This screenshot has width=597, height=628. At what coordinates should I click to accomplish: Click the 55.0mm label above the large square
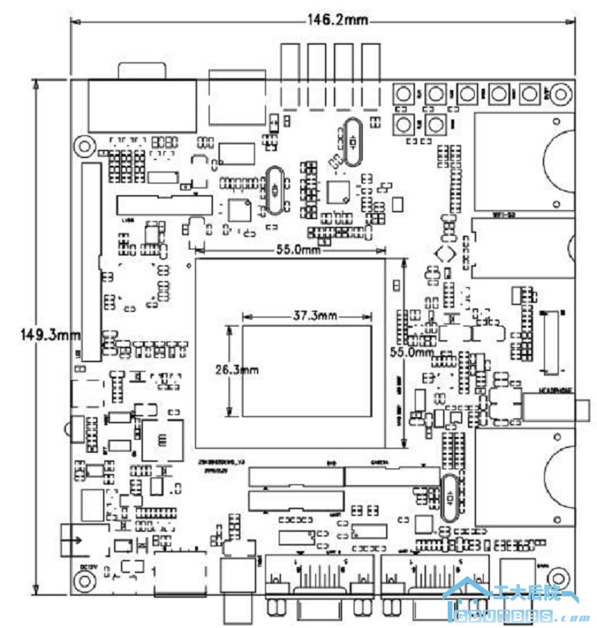tap(299, 251)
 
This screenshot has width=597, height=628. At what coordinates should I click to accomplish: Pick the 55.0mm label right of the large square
tap(412, 352)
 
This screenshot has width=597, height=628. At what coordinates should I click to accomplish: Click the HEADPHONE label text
tap(539, 390)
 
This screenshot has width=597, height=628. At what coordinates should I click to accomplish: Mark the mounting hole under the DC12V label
tap(85, 581)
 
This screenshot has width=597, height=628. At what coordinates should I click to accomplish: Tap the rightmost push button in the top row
tap(530, 93)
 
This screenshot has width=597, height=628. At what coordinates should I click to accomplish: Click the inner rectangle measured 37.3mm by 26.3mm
tap(306, 371)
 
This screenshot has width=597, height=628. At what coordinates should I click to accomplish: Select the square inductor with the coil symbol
tap(163, 440)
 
